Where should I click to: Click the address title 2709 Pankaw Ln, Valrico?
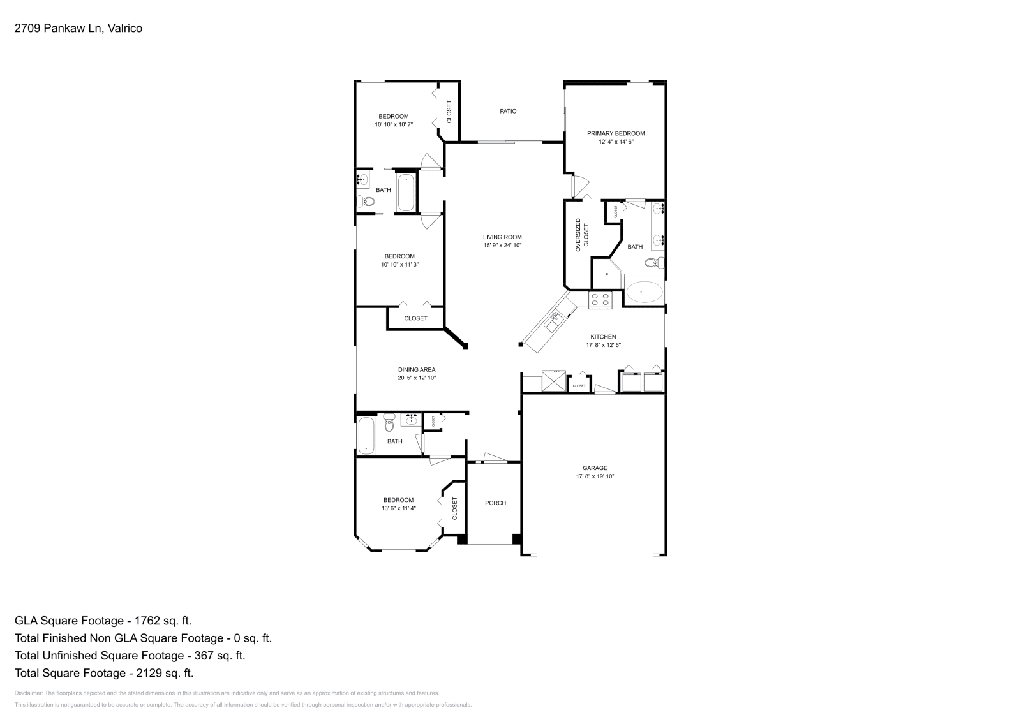[x=78, y=28]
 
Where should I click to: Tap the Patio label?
[x=508, y=111]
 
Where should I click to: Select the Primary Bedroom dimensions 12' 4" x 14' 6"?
[x=616, y=142]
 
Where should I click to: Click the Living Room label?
[x=502, y=237]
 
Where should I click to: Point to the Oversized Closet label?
[x=582, y=235]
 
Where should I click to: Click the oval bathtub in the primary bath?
[x=644, y=293]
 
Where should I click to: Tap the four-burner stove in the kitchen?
[x=600, y=299]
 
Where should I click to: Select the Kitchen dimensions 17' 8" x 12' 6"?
[x=603, y=345]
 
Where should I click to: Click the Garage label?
[x=595, y=468]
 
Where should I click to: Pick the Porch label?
[x=495, y=503]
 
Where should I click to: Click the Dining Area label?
[x=417, y=369]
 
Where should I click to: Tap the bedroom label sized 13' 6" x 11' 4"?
[x=398, y=500]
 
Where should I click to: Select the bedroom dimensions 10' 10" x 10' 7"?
[x=394, y=124]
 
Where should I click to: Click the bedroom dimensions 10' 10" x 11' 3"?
[x=399, y=264]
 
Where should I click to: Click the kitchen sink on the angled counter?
[x=553, y=321]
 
